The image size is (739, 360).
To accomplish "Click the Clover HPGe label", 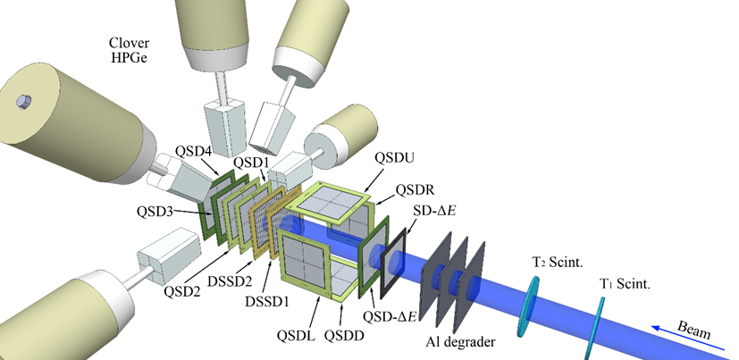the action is point(130,50).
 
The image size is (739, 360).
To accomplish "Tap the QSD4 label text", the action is point(194,152).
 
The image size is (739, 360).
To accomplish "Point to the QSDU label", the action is point(394,158).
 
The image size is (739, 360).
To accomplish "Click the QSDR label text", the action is point(415,190).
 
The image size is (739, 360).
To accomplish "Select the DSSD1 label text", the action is point(267,301).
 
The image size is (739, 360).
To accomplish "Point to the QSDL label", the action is point(296,336).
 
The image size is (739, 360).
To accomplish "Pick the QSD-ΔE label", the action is point(390,316).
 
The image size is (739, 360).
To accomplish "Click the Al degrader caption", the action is point(460,341).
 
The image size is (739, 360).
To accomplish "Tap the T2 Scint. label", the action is point(558,263).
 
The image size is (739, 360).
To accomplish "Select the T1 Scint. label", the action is point(625,284).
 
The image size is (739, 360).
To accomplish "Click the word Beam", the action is point(694,330).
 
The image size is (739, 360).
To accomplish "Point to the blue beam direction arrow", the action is point(688,339).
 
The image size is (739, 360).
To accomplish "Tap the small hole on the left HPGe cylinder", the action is point(23,101).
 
